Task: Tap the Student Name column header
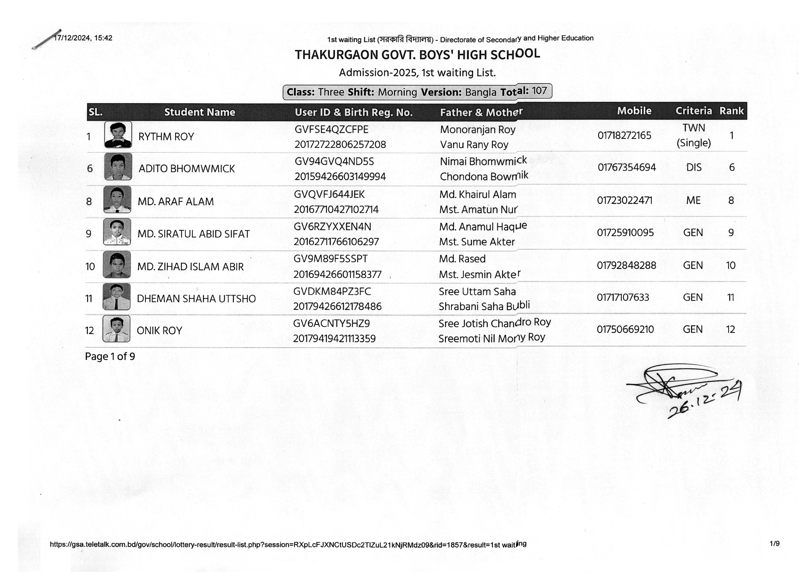[200, 112]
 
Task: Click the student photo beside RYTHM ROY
[118, 135]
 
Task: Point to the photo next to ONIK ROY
[116, 329]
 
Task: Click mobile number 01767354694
[627, 167]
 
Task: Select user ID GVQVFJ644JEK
[329, 195]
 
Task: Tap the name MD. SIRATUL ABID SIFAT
[193, 234]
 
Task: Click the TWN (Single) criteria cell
[693, 135]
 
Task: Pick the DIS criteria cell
[694, 167]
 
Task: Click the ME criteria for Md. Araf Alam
[693, 201]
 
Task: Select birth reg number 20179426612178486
[337, 306]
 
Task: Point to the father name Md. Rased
[462, 259]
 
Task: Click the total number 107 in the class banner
[539, 91]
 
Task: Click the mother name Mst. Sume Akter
[477, 242]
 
